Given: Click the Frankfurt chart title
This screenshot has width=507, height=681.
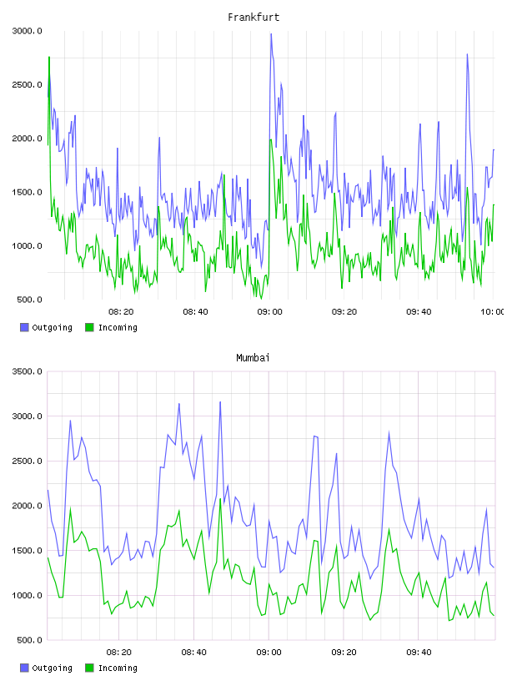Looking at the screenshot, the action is pyautogui.click(x=254, y=18).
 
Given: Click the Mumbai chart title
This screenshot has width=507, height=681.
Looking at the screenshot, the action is pyautogui.click(x=253, y=358).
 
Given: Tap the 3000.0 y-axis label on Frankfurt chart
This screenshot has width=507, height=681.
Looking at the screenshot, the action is pyautogui.click(x=28, y=31).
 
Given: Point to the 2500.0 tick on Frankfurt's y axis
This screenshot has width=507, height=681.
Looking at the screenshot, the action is pyautogui.click(x=28, y=84).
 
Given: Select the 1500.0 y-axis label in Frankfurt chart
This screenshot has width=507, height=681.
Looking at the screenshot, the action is pyautogui.click(x=28, y=193).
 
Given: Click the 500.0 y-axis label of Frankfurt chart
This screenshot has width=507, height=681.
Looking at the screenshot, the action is pyautogui.click(x=29, y=300).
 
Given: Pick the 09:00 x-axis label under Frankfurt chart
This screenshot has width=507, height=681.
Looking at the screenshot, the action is pyautogui.click(x=269, y=312).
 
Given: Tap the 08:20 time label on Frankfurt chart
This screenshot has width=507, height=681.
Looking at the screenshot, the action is pyautogui.click(x=121, y=312).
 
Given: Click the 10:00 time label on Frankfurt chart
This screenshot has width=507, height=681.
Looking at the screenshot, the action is pyautogui.click(x=492, y=312).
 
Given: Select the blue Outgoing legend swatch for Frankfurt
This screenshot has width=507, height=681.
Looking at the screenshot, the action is pyautogui.click(x=24, y=327).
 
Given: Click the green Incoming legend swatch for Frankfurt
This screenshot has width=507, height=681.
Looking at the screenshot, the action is pyautogui.click(x=89, y=327).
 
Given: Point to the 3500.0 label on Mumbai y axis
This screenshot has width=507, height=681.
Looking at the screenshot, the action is pyautogui.click(x=28, y=371).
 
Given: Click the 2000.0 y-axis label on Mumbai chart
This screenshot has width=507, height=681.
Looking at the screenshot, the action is pyautogui.click(x=28, y=506).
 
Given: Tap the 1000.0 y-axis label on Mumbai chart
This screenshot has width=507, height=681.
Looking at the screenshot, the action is pyautogui.click(x=28, y=595).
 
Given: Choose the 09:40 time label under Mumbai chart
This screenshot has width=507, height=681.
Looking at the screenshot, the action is pyautogui.click(x=419, y=653).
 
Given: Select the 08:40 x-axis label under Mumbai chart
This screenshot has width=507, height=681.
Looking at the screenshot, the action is pyautogui.click(x=193, y=653).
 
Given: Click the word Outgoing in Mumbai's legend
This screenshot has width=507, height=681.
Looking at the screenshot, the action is pyautogui.click(x=52, y=668).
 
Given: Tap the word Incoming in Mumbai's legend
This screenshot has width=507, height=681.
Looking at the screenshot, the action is pyautogui.click(x=118, y=668).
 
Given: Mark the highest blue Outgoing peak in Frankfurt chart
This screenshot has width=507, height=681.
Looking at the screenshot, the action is pyautogui.click(x=271, y=34).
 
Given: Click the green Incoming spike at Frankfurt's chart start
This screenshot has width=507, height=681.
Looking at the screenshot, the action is pyautogui.click(x=49, y=58).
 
